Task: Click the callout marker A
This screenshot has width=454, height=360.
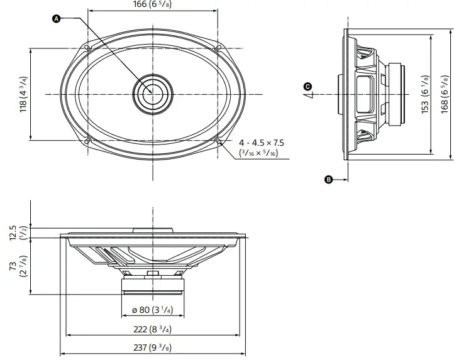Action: pos(56,19)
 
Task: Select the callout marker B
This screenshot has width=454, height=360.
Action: pos(328,180)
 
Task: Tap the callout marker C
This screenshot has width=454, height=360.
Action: pos(307,86)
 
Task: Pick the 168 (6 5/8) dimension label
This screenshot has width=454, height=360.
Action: pos(445,95)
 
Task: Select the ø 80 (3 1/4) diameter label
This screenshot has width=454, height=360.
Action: pos(152,310)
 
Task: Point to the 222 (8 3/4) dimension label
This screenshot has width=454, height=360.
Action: pos(153,330)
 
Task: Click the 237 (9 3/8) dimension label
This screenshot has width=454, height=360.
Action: pos(153,347)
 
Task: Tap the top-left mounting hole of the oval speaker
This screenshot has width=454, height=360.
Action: pos(88,48)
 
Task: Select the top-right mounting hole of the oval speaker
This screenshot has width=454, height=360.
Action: pos(218,48)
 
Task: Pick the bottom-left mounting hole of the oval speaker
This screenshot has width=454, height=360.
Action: pos(88,139)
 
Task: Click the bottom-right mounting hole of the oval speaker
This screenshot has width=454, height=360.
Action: pos(218,140)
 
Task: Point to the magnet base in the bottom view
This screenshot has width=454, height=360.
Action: pos(152,286)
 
